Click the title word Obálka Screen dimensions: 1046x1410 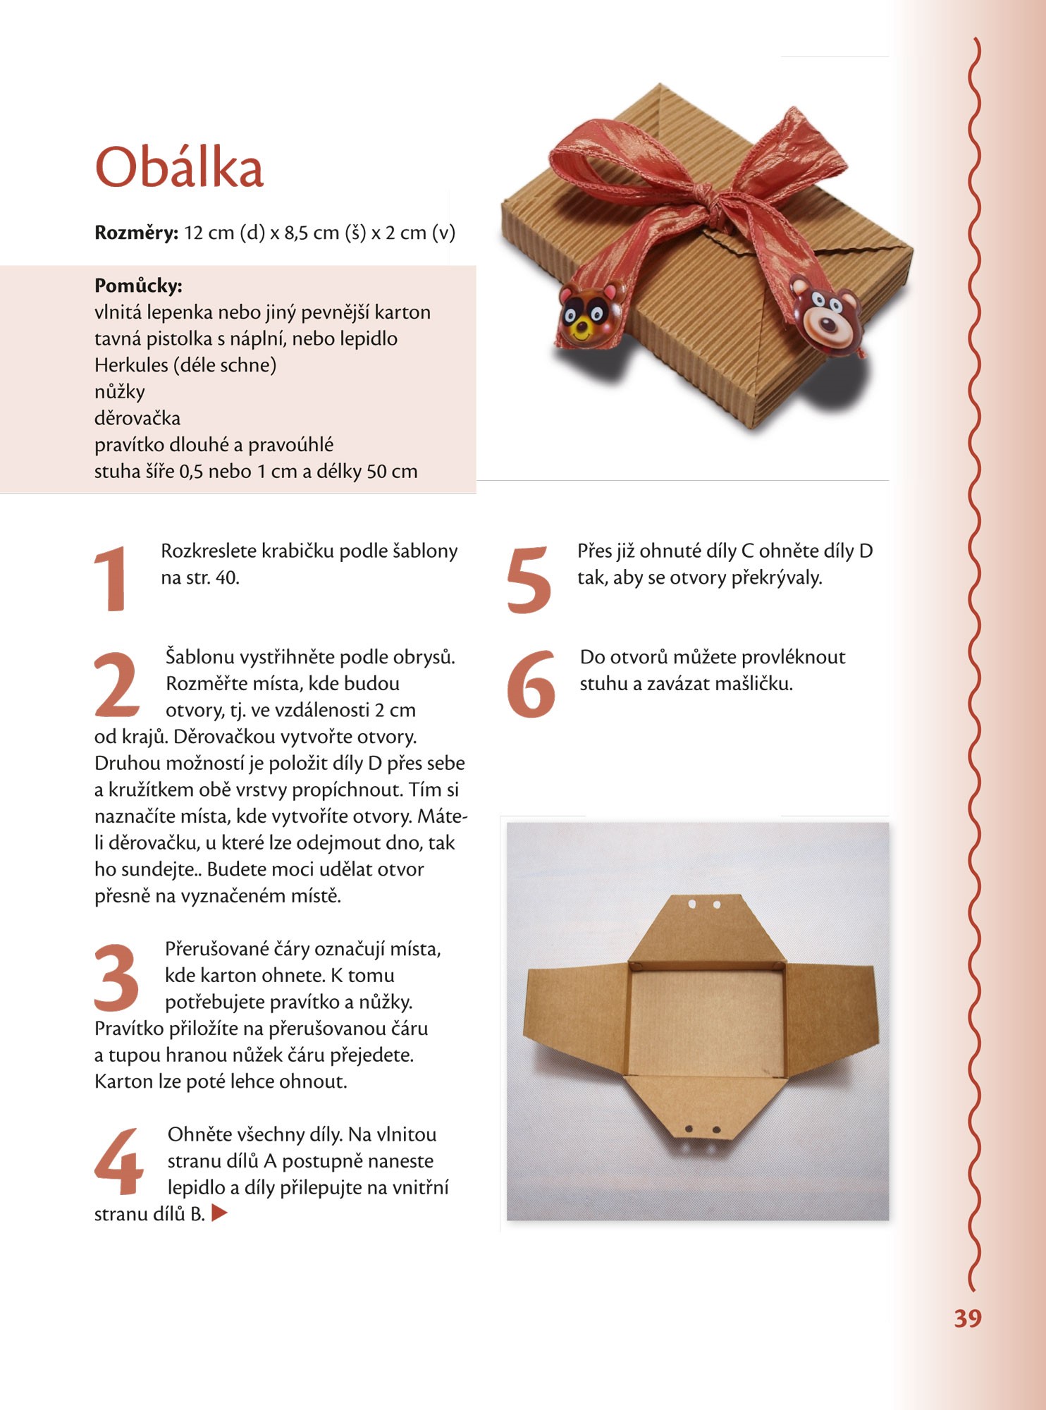point(179,168)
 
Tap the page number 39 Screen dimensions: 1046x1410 point(967,1318)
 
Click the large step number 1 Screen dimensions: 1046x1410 point(111,578)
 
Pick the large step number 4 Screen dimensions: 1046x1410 point(118,1161)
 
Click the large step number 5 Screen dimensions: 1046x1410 point(529,579)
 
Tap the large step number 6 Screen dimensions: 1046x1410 point(531,684)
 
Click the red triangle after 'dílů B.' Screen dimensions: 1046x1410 point(219,1213)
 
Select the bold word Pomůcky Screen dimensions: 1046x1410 point(138,286)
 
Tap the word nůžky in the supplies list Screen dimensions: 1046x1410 point(120,392)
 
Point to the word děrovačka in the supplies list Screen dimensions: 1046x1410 point(137,418)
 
